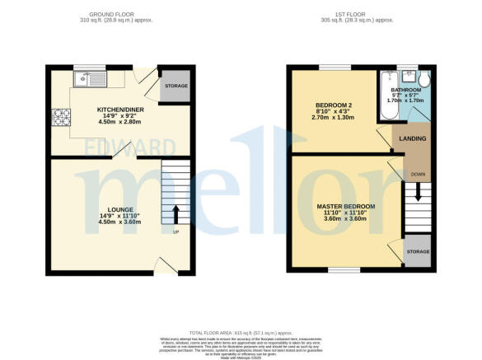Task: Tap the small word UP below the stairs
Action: point(175,231)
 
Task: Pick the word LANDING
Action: point(412,138)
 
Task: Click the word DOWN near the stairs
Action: point(419,174)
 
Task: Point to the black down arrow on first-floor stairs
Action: point(419,192)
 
